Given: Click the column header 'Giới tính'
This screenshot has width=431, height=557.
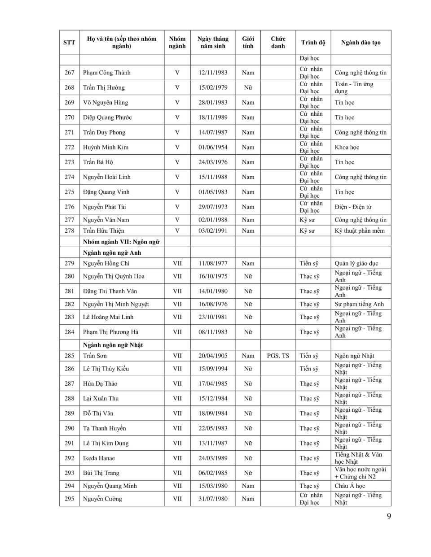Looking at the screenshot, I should [x=248, y=42].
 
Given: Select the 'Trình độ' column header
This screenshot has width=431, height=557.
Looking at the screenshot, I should [x=313, y=43].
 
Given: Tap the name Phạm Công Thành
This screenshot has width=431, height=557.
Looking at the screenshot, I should [x=107, y=73].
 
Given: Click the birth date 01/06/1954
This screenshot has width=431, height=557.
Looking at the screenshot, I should [x=213, y=147].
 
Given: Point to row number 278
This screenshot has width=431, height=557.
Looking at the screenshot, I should [x=69, y=231].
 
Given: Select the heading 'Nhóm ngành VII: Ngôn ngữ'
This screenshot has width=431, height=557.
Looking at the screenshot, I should [x=121, y=242].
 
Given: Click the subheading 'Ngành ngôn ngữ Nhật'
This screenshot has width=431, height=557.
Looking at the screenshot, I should [x=113, y=345].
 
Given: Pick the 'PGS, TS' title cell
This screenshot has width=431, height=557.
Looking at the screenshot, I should [x=278, y=356].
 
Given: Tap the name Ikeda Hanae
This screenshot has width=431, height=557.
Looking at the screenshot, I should [x=99, y=458].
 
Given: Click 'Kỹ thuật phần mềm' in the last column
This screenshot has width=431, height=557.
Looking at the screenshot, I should [x=360, y=231].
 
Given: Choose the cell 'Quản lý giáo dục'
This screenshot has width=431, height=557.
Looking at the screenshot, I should [x=356, y=263].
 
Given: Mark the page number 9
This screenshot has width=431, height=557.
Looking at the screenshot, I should [x=389, y=516].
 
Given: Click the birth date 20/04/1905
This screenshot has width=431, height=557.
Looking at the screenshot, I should [x=213, y=356].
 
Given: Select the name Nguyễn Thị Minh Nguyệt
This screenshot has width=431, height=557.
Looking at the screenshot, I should [x=116, y=304].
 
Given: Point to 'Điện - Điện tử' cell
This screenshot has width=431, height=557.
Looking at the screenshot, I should [x=353, y=207].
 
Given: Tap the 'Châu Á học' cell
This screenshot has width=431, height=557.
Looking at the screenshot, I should [x=350, y=486].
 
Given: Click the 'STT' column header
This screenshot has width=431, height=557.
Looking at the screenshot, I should [x=69, y=43].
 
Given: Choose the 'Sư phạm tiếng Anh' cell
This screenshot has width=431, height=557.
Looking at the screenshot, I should [x=359, y=304].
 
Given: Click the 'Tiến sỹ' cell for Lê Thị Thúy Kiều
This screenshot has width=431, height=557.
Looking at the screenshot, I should [x=309, y=369].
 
